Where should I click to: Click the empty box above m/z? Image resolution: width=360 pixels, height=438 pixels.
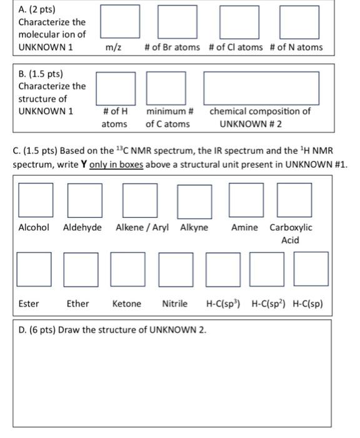119,21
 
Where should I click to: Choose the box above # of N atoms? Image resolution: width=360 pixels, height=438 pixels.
299,21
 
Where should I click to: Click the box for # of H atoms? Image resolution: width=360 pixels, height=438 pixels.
115,88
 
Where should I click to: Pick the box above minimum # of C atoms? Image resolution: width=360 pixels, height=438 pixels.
166,88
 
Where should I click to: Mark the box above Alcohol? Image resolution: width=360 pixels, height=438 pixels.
35,200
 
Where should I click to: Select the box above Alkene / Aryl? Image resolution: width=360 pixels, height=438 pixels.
140,200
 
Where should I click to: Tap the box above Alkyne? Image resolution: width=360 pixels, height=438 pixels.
194,200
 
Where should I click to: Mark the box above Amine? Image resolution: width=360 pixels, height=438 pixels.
246,200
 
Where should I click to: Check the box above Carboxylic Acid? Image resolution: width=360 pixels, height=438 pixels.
294,200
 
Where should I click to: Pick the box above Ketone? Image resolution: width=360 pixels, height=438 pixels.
127,268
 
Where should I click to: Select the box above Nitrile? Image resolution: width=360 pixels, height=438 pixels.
176,268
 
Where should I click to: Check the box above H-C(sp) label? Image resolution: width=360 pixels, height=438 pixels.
311,268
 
